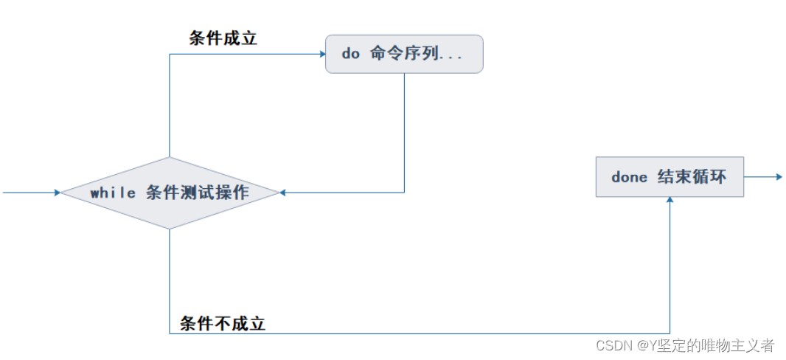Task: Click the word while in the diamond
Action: pyautogui.click(x=113, y=193)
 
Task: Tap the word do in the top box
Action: pyautogui.click(x=349, y=55)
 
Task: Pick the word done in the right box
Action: pyautogui.click(x=630, y=178)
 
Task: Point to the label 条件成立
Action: pyautogui.click(x=223, y=39)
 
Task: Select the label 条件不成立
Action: pyautogui.click(x=223, y=322)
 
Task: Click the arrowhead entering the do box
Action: pyautogui.click(x=321, y=54)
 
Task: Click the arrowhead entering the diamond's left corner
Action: pyautogui.click(x=56, y=193)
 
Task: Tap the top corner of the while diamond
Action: pyautogui.click(x=170, y=158)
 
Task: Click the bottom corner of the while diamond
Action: pyautogui.click(x=170, y=229)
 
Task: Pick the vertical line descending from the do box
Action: pyautogui.click(x=404, y=133)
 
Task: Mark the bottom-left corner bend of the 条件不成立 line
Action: pyautogui.click(x=170, y=333)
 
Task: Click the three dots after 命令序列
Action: pyautogui.click(x=451, y=56)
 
